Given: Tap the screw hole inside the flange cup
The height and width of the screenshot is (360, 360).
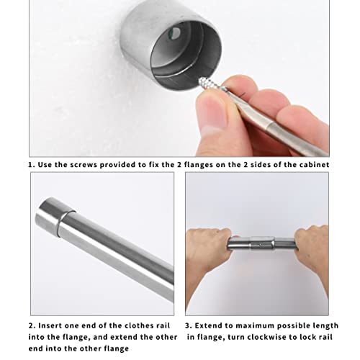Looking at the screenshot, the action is pos(176,33).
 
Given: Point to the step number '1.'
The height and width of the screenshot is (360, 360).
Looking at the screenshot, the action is pos(32,165).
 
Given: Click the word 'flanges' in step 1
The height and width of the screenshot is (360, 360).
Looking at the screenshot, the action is pos(199,165).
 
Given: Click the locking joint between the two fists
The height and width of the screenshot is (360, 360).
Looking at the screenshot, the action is pos(262,244).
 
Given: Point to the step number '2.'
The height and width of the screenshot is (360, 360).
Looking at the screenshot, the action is pos(32,326).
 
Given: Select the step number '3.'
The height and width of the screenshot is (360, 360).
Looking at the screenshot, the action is pos(189,326).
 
